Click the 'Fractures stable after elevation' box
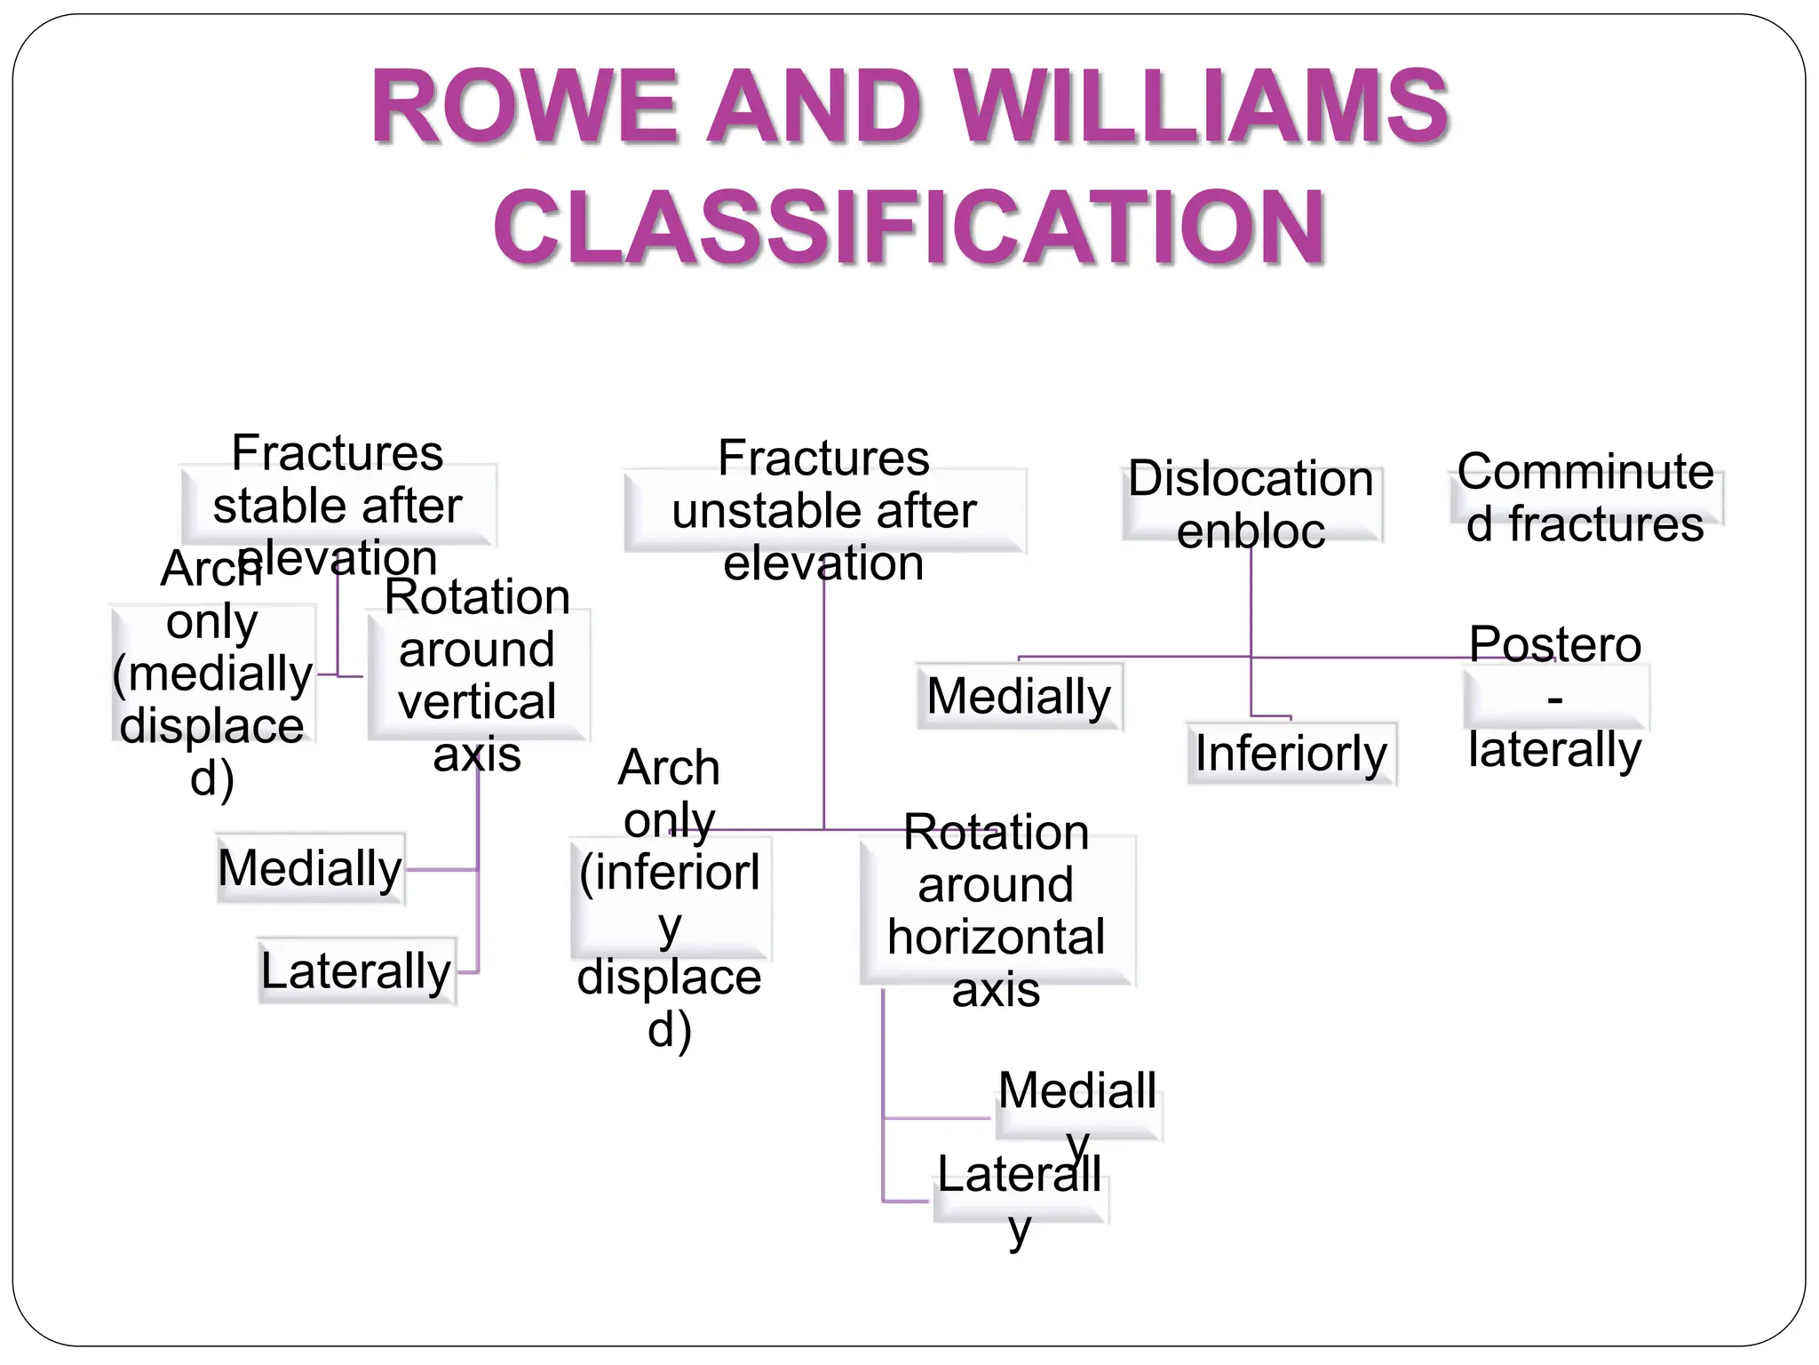338,504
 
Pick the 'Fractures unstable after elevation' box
823,510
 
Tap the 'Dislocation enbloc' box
1251,504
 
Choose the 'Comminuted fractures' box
1586,498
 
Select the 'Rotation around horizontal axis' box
997,910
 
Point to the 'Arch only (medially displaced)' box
213,673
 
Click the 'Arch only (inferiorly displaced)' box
670,898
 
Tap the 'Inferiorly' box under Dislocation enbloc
1291,754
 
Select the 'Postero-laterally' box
1555,697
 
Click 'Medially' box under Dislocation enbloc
1019,696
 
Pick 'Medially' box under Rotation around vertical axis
310,868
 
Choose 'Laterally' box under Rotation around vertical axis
356,970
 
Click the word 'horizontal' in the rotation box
997,937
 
